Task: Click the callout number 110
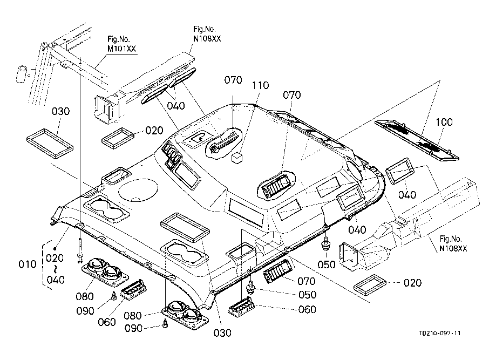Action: point(259,86)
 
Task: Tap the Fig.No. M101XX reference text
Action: point(122,44)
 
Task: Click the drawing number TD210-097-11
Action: point(439,334)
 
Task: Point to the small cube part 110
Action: point(236,158)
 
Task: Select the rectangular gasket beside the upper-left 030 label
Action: point(50,141)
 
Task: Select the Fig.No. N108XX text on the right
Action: point(453,243)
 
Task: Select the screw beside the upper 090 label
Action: point(114,295)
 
